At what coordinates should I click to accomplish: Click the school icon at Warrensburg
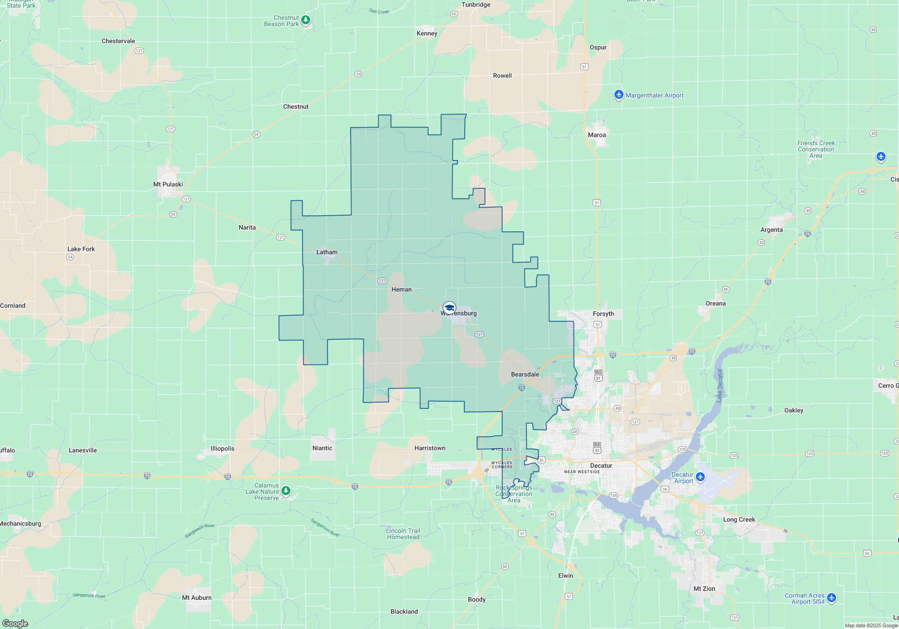[449, 308]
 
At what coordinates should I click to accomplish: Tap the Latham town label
[327, 252]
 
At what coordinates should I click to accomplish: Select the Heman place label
[401, 289]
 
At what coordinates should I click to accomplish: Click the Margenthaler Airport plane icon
[619, 95]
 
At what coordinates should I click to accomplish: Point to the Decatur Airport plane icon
[700, 477]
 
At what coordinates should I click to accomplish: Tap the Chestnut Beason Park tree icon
[306, 20]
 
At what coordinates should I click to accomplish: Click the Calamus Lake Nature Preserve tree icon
[286, 491]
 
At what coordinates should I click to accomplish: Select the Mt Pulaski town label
[168, 184]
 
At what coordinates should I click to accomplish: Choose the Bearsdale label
[525, 374]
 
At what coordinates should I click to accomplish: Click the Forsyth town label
[603, 314]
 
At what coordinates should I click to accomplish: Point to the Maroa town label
[597, 135]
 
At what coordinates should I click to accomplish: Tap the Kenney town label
[427, 33]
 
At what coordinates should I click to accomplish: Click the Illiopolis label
[223, 448]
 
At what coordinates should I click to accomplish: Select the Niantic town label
[322, 448]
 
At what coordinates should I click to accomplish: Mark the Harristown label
[430, 448]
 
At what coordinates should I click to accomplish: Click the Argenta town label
[772, 230]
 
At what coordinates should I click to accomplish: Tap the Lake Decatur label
[719, 385]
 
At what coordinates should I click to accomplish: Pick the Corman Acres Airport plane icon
[832, 598]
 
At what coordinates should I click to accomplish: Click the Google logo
[15, 624]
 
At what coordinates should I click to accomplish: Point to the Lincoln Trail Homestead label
[403, 534]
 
